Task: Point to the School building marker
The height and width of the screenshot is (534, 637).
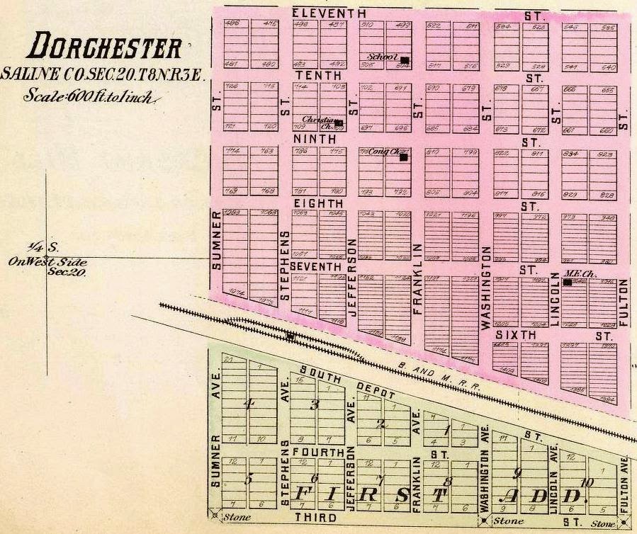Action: pyautogui.click(x=405, y=60)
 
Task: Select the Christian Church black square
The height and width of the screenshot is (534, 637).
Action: pyautogui.click(x=339, y=123)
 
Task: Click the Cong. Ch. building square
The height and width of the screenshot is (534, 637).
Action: pyautogui.click(x=403, y=157)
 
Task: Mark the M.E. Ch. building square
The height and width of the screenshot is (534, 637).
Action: pyautogui.click(x=567, y=283)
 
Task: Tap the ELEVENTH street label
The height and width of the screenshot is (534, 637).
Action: pyautogui.click(x=329, y=13)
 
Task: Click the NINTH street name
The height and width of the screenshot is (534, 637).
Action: pyautogui.click(x=314, y=140)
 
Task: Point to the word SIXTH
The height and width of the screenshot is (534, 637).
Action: pyautogui.click(x=515, y=334)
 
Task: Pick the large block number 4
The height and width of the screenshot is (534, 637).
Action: pyautogui.click(x=248, y=404)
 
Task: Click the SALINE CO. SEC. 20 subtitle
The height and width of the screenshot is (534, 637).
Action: pyautogui.click(x=103, y=74)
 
